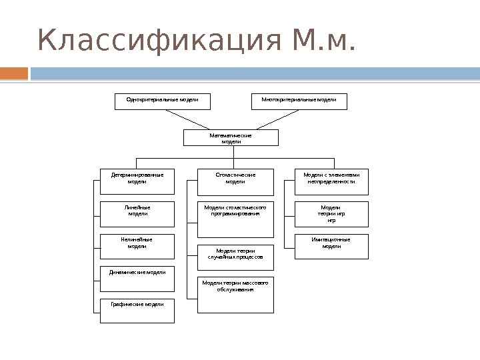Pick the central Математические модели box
click(231, 137)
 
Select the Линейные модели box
click(137, 214)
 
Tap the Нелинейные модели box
click(137, 245)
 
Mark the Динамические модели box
click(137, 279)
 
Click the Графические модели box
click(137, 311)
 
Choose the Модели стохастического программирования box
click(235, 219)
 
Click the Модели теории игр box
click(331, 214)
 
